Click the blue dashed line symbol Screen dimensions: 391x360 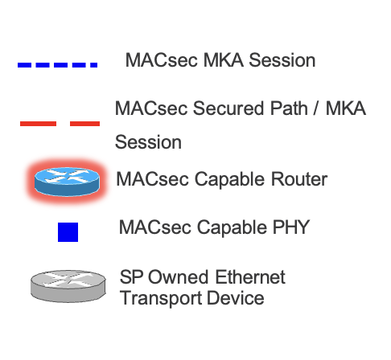point(57,65)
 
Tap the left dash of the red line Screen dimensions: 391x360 point(38,124)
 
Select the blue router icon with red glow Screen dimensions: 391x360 point(67,182)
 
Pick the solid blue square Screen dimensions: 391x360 point(68,232)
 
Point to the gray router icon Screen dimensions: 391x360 point(68,286)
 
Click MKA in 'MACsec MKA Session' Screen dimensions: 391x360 point(224,60)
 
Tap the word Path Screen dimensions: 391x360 point(289,108)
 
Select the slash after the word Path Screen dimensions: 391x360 point(316,108)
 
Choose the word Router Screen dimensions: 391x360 point(299,179)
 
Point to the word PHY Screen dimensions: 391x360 point(291,227)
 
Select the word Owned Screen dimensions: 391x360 point(178,277)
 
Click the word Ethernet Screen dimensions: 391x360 point(250,277)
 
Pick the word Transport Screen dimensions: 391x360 point(161,298)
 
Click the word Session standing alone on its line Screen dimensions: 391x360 point(148,142)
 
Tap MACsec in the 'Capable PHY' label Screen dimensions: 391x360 point(154,227)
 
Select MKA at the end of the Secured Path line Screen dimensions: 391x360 point(346,108)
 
